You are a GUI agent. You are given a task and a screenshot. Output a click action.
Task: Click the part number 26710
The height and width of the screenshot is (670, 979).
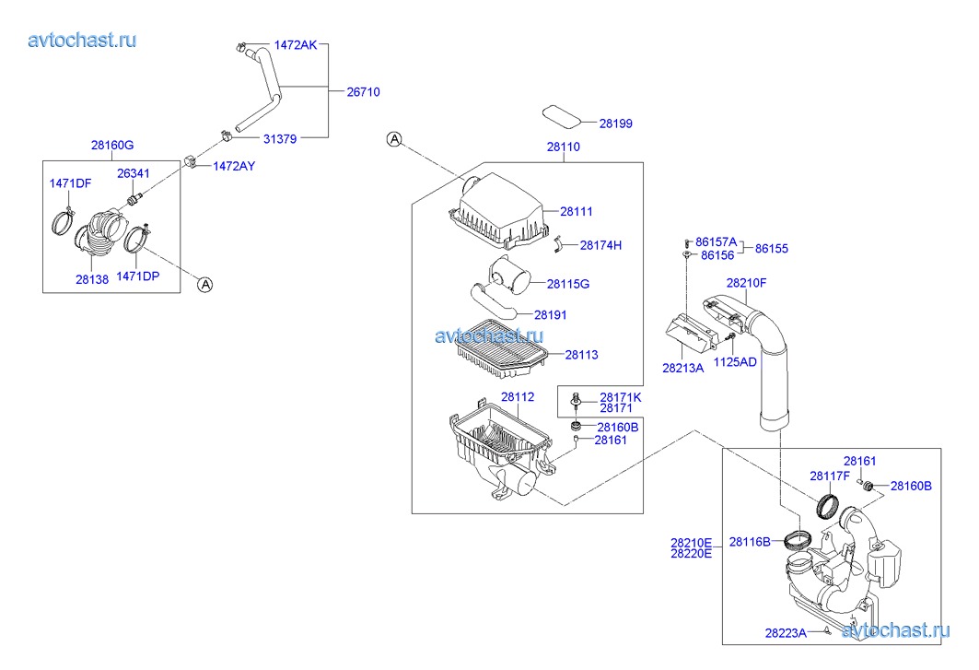coord(363,92)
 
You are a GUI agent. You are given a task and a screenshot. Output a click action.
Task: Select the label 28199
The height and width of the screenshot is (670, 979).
coord(616,123)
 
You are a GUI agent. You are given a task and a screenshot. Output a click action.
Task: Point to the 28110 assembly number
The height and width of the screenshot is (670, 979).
coord(564,147)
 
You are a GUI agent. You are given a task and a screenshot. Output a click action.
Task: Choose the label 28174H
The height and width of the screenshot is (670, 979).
coord(600,245)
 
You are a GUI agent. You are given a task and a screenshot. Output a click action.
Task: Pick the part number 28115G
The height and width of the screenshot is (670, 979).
coord(567,284)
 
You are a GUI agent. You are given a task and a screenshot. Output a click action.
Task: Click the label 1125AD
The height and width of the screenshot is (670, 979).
coord(736,362)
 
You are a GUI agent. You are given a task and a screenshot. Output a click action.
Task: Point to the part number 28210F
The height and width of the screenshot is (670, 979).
coord(746,283)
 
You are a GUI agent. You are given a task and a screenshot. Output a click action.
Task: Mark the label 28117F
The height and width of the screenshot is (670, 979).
coord(829,476)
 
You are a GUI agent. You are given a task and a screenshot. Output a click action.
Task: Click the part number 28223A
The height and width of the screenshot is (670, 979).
coord(786,633)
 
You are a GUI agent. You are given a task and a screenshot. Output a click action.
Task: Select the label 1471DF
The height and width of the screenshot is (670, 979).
coord(70,183)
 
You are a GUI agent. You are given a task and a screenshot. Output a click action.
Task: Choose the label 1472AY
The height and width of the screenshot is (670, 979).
coord(234,166)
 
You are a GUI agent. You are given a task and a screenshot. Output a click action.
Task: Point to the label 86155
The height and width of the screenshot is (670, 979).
coord(772,249)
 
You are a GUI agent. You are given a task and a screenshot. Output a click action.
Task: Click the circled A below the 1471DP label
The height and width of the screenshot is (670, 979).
coord(205,285)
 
